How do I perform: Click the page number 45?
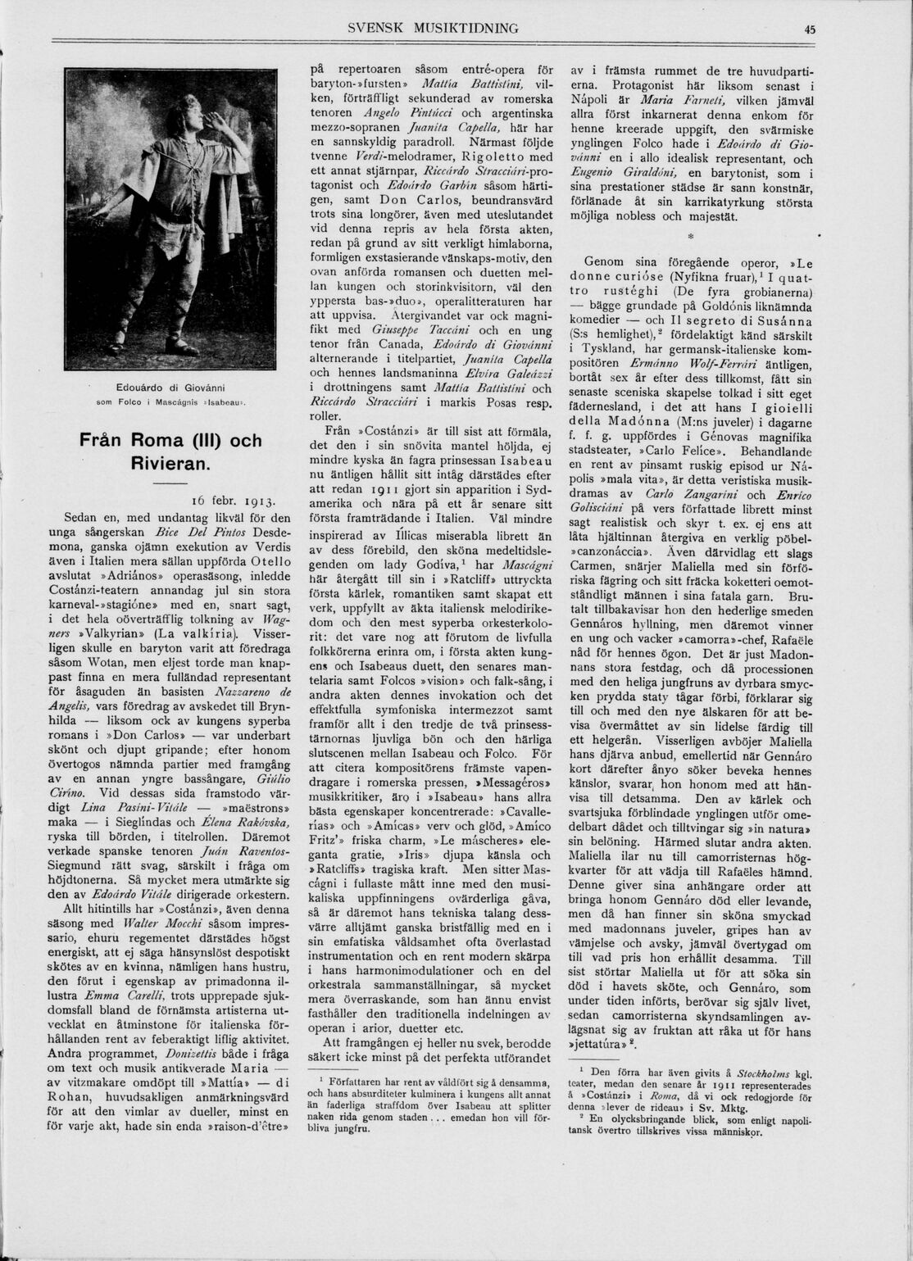click(810, 29)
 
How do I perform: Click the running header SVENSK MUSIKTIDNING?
click(433, 28)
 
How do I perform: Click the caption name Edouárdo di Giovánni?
click(170, 387)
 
